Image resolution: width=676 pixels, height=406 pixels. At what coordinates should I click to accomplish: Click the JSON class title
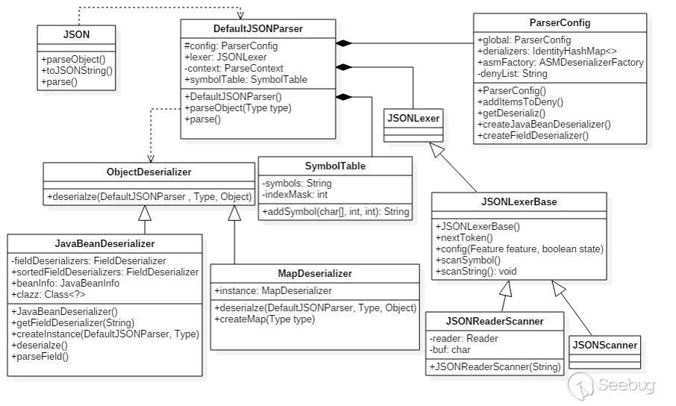point(77,34)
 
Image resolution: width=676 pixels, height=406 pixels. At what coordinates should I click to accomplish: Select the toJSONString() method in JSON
point(77,71)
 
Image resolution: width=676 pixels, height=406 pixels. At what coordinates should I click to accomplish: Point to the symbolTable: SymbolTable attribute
point(245,79)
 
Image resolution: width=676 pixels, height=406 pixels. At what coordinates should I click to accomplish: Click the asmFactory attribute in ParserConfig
point(560,63)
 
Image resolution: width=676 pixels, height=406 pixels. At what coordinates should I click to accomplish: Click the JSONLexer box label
point(413,116)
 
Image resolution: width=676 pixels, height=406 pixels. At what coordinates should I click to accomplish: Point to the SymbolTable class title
point(335,166)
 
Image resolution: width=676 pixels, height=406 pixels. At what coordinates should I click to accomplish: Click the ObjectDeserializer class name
point(149,172)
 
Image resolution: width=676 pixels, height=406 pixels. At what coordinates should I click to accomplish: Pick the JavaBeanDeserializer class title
point(105,243)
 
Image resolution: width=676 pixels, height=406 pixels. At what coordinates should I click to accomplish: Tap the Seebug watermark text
point(627,384)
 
